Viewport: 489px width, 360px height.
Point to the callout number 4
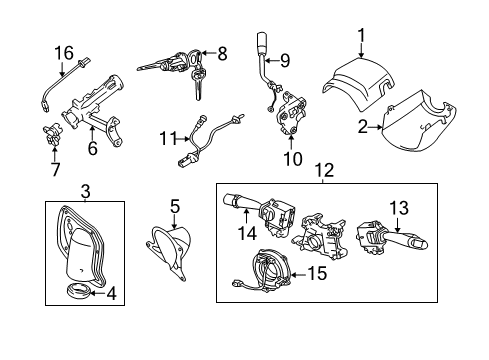112,294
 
